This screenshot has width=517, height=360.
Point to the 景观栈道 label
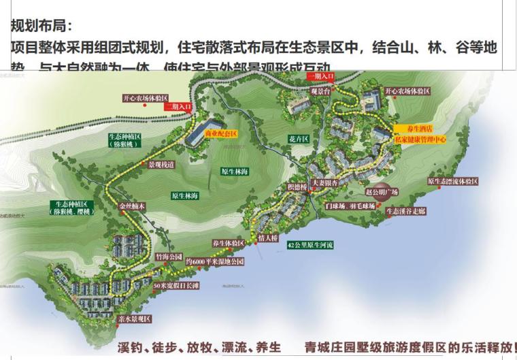[x=161, y=164]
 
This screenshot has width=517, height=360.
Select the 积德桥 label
[x=297, y=186]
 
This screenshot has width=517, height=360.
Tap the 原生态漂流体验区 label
[x=452, y=181]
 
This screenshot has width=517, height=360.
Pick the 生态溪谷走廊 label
[x=405, y=212]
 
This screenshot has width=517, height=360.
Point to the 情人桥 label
[x=269, y=239]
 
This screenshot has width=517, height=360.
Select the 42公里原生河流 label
[x=312, y=244]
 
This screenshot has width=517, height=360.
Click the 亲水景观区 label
[x=134, y=318]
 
